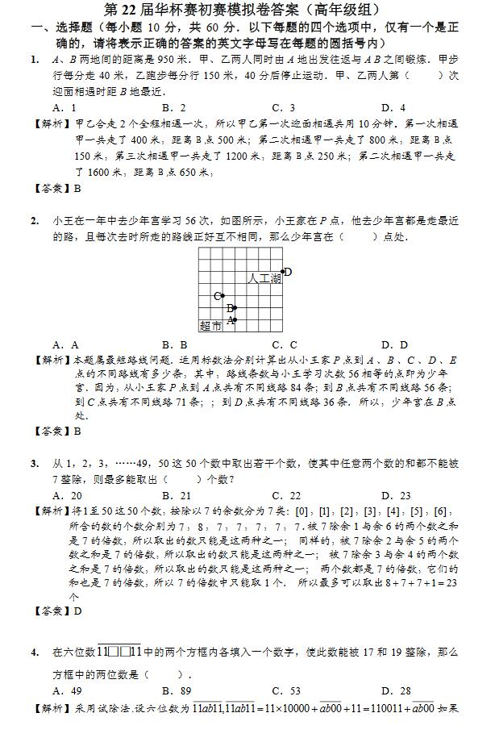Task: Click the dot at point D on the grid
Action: coord(282,272)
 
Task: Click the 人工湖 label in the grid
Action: coord(264,278)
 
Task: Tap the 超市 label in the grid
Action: coord(210,326)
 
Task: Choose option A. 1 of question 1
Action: coord(64,107)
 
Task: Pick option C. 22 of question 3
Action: coord(285,496)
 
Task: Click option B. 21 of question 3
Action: coord(176,496)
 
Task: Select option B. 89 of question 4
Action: coord(176,690)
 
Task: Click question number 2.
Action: coord(35,220)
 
